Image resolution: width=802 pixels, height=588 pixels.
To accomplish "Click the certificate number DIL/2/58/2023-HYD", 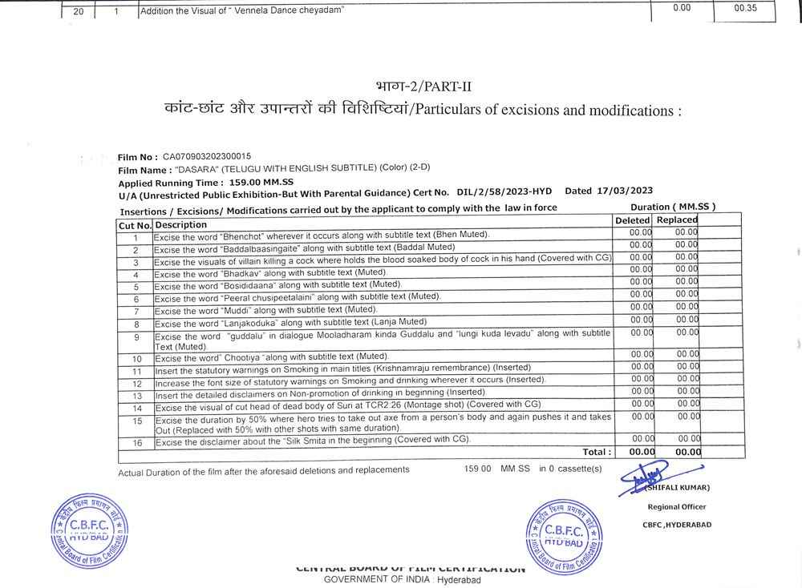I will click(x=504, y=192).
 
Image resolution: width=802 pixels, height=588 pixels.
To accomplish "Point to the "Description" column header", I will click(x=180, y=225).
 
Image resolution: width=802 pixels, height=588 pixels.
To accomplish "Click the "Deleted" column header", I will click(x=633, y=220).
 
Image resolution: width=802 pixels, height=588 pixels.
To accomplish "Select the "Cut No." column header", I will click(x=135, y=226).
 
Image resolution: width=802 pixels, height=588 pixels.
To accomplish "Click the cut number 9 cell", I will click(x=136, y=336).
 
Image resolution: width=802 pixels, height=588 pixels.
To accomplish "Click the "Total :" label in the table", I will click(x=597, y=453).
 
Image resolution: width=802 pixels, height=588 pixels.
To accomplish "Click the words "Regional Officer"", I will click(x=677, y=506).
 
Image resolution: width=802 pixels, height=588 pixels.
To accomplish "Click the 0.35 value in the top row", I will click(x=745, y=8).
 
